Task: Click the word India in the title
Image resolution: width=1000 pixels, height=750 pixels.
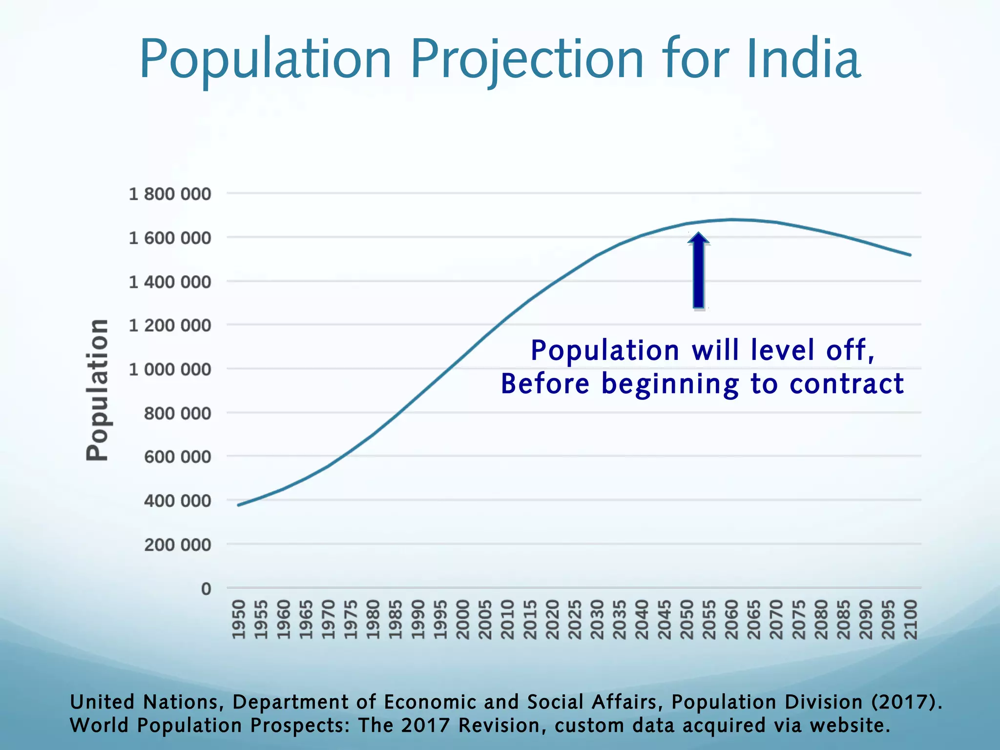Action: pyautogui.click(x=803, y=60)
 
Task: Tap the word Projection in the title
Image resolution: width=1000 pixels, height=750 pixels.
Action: pyautogui.click(x=527, y=60)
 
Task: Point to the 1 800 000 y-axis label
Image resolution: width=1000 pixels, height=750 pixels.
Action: pyautogui.click(x=169, y=194)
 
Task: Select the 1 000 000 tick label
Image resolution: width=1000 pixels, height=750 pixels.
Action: pyautogui.click(x=169, y=370)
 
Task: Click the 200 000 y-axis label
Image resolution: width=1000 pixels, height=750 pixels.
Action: pyautogui.click(x=177, y=544)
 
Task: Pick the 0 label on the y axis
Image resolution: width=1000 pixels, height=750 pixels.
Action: pyautogui.click(x=206, y=589)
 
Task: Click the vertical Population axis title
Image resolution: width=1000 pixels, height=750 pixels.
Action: pyautogui.click(x=97, y=389)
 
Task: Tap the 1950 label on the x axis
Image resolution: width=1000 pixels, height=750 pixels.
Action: pyautogui.click(x=238, y=619)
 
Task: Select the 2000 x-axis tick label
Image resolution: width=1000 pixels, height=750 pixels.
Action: pyautogui.click(x=462, y=619)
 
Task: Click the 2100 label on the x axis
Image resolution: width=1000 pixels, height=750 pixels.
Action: pyautogui.click(x=911, y=619)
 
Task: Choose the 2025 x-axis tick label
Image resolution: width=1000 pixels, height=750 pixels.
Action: pyautogui.click(x=574, y=619)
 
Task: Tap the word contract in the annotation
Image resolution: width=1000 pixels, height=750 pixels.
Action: pyautogui.click(x=847, y=384)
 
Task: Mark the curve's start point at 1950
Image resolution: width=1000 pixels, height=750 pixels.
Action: pyautogui.click(x=238, y=505)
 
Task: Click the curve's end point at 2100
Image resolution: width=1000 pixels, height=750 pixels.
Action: pyautogui.click(x=910, y=255)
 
